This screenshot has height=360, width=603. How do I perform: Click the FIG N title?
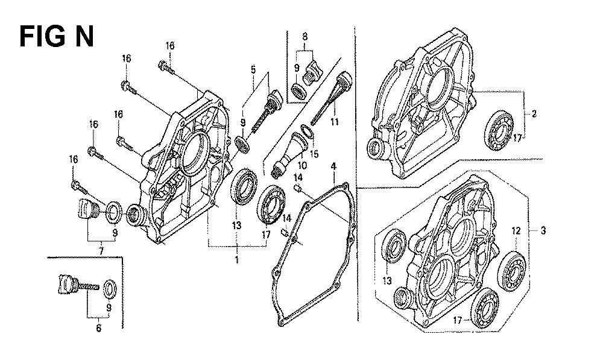pyautogui.click(x=57, y=37)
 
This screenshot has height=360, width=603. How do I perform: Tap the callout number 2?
pyautogui.click(x=534, y=114)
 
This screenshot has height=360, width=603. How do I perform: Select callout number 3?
pyautogui.click(x=543, y=231)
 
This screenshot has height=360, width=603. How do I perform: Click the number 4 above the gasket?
pyautogui.click(x=333, y=166)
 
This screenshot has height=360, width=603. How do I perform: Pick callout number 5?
pyautogui.click(x=253, y=69)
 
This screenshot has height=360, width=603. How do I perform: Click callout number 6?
pyautogui.click(x=99, y=328)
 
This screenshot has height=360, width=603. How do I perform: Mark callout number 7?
pyautogui.click(x=101, y=251)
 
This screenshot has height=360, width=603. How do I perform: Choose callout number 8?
pyautogui.click(x=305, y=37)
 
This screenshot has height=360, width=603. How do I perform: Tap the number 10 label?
pyautogui.click(x=302, y=166)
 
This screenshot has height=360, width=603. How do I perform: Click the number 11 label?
pyautogui.click(x=334, y=122)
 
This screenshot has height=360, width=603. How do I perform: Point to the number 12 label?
pyautogui.click(x=516, y=231)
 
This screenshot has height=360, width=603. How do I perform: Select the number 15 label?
pyautogui.click(x=314, y=154)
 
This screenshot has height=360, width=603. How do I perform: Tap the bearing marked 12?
pyautogui.click(x=511, y=271)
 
